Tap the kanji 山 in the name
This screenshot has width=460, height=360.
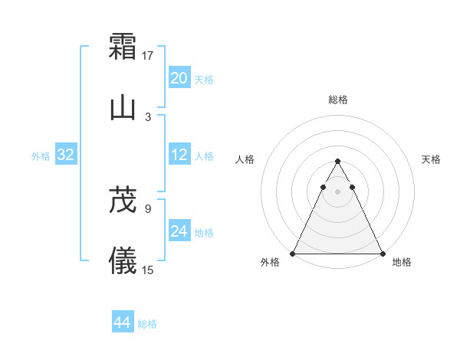tap(123, 108)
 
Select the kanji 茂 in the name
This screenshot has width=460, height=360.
tap(123, 200)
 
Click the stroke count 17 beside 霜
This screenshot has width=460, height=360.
tap(148, 55)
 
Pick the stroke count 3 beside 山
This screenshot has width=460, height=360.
tap(148, 116)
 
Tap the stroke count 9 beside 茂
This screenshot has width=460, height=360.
tap(148, 208)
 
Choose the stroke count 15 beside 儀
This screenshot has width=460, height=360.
tap(148, 270)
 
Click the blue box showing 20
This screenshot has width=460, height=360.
tap(179, 78)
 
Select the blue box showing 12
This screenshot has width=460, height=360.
tap(179, 155)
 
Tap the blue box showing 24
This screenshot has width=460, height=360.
tap(179, 231)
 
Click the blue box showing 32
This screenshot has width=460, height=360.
tap(66, 155)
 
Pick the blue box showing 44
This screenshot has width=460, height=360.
tap(123, 322)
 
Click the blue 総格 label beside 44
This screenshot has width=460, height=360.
tap(147, 324)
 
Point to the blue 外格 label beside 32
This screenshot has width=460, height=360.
tap(41, 156)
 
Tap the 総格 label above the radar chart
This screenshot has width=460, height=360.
tap(337, 100)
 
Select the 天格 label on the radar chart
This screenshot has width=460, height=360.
tap(431, 159)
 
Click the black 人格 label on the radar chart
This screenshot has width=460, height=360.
tap(245, 159)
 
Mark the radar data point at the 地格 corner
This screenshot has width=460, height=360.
tap(382, 254)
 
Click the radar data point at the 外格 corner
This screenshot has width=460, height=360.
tap(293, 254)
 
